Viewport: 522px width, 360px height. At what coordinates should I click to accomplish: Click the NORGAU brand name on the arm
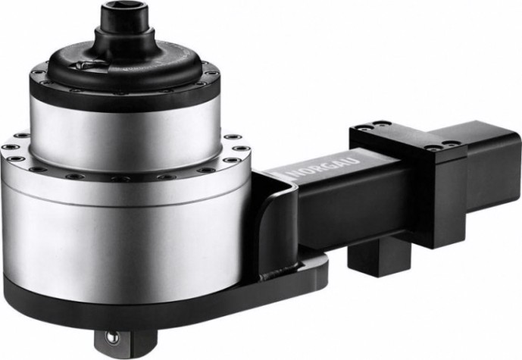pos(324,167)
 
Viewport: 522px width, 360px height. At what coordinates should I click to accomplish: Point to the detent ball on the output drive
pos(111,337)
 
